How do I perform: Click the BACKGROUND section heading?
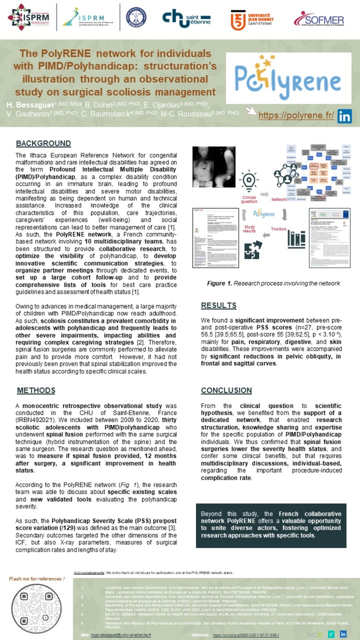[43, 143]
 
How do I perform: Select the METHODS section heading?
[36, 390]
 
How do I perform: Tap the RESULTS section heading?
[219, 305]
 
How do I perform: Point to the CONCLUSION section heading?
[226, 390]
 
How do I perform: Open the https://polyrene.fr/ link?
[296, 115]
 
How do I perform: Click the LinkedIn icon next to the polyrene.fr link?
[344, 116]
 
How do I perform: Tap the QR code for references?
[36, 609]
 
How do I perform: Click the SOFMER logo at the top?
[319, 19]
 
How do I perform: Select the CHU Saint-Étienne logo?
[186, 18]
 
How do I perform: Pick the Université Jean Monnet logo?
[252, 20]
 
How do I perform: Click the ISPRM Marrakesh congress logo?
[29, 17]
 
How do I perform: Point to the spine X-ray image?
[214, 166]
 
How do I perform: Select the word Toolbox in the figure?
[279, 229]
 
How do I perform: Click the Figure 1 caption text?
[273, 283]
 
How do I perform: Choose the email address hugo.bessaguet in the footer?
[121, 635]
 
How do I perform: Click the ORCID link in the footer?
[246, 635]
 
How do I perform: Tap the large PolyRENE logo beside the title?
[288, 78]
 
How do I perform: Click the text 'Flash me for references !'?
[37, 579]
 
